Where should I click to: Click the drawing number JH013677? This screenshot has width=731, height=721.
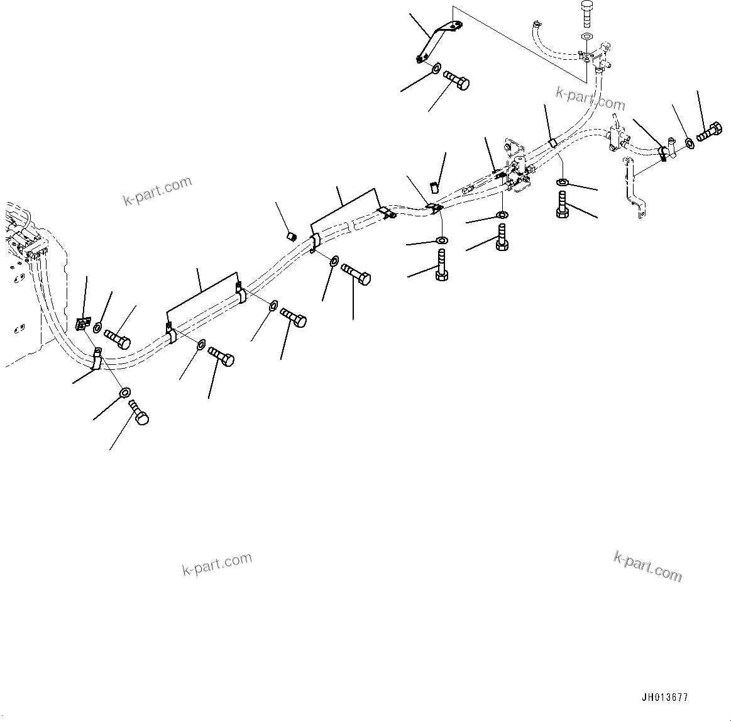point(664,697)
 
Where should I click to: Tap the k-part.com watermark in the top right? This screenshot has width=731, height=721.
point(590,99)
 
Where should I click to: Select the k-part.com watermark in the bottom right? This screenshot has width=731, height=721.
point(647,566)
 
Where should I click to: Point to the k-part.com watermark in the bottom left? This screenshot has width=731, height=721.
point(217,563)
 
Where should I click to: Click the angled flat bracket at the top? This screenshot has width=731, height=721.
point(438,42)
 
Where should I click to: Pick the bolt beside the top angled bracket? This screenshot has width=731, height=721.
point(456,81)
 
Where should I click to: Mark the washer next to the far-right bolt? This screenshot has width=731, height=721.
point(690,142)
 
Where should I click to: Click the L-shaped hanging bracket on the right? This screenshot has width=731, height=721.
point(634,187)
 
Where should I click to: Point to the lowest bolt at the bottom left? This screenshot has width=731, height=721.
point(138,412)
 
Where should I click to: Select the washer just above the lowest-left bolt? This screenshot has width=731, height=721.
point(124,393)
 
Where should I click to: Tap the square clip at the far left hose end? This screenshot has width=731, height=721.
point(82,323)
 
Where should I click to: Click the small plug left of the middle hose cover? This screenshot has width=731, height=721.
point(291,237)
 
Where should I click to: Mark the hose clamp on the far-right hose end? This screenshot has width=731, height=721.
point(662,153)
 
